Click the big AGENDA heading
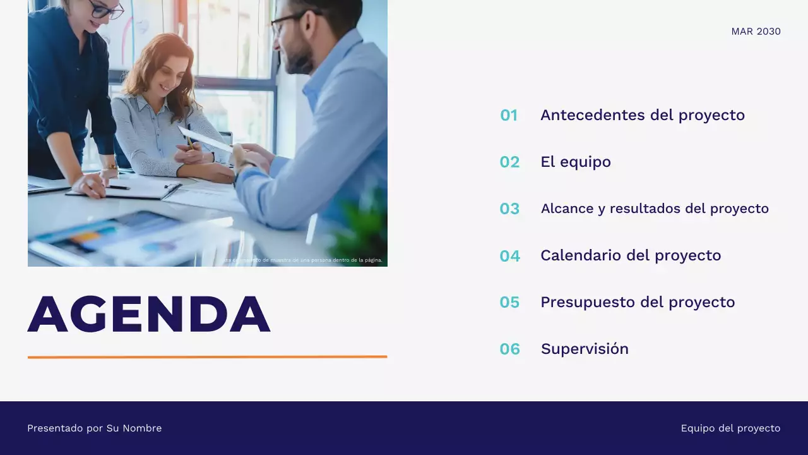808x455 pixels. tap(149, 314)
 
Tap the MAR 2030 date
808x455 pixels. tap(756, 32)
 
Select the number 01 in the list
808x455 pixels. tap(509, 115)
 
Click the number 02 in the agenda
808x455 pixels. tap(509, 162)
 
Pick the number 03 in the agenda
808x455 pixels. tap(509, 209)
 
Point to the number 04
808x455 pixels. tap(509, 256)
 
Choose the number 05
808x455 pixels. tap(509, 302)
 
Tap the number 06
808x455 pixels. tap(509, 349)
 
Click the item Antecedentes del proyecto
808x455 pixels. tap(642, 115)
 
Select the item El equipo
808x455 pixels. tap(575, 162)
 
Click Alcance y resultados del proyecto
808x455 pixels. tap(655, 209)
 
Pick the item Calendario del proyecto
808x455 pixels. tap(630, 255)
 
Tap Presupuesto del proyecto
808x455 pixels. tap(638, 302)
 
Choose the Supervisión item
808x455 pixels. tap(585, 349)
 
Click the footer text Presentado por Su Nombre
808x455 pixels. tap(94, 428)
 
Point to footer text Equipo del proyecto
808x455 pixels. tap(730, 428)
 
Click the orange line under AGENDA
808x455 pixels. tap(207, 357)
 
